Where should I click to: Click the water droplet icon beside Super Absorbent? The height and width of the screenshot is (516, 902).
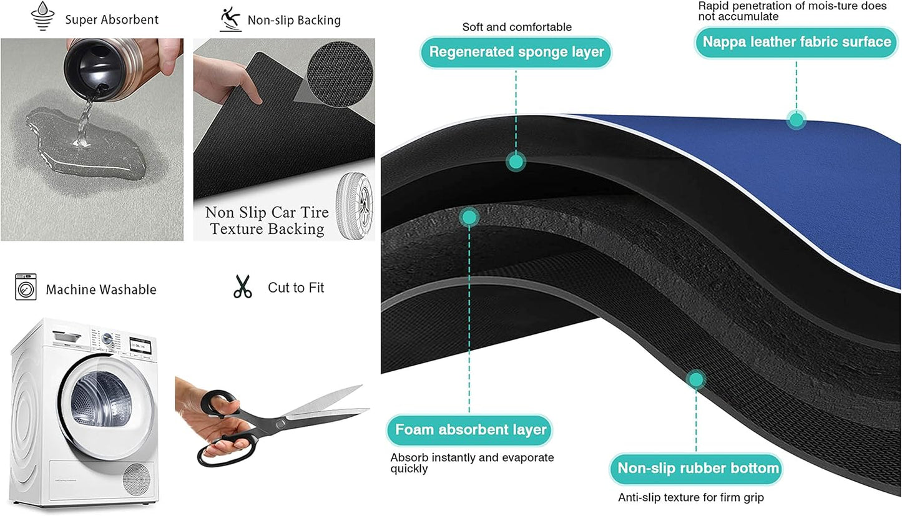tap(42, 16)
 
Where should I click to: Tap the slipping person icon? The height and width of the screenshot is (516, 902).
tap(230, 19)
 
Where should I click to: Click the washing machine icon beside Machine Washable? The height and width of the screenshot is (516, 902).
tap(26, 287)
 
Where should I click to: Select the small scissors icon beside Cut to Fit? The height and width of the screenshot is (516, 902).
tap(242, 286)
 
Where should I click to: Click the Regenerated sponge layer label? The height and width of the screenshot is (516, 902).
tap(516, 52)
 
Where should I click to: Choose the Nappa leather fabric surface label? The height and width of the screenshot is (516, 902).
tap(797, 42)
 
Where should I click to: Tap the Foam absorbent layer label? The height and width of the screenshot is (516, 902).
tap(469, 430)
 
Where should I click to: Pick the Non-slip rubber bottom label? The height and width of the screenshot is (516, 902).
tap(696, 469)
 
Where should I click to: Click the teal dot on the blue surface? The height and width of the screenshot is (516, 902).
tap(796, 120)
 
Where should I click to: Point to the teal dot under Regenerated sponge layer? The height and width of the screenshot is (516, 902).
tap(516, 162)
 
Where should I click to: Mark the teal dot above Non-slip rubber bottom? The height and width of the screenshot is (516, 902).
tap(696, 379)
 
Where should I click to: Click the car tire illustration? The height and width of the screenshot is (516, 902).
tap(355, 206)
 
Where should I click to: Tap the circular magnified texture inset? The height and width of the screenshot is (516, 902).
tap(340, 74)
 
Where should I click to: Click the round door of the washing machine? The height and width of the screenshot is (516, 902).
tap(105, 407)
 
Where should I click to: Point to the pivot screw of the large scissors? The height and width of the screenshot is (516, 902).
tap(280, 424)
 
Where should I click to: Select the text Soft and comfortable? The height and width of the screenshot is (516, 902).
tap(517, 27)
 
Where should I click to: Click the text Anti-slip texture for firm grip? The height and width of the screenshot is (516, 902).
tap(690, 497)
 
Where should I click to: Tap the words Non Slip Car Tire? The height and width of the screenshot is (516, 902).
tap(267, 212)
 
